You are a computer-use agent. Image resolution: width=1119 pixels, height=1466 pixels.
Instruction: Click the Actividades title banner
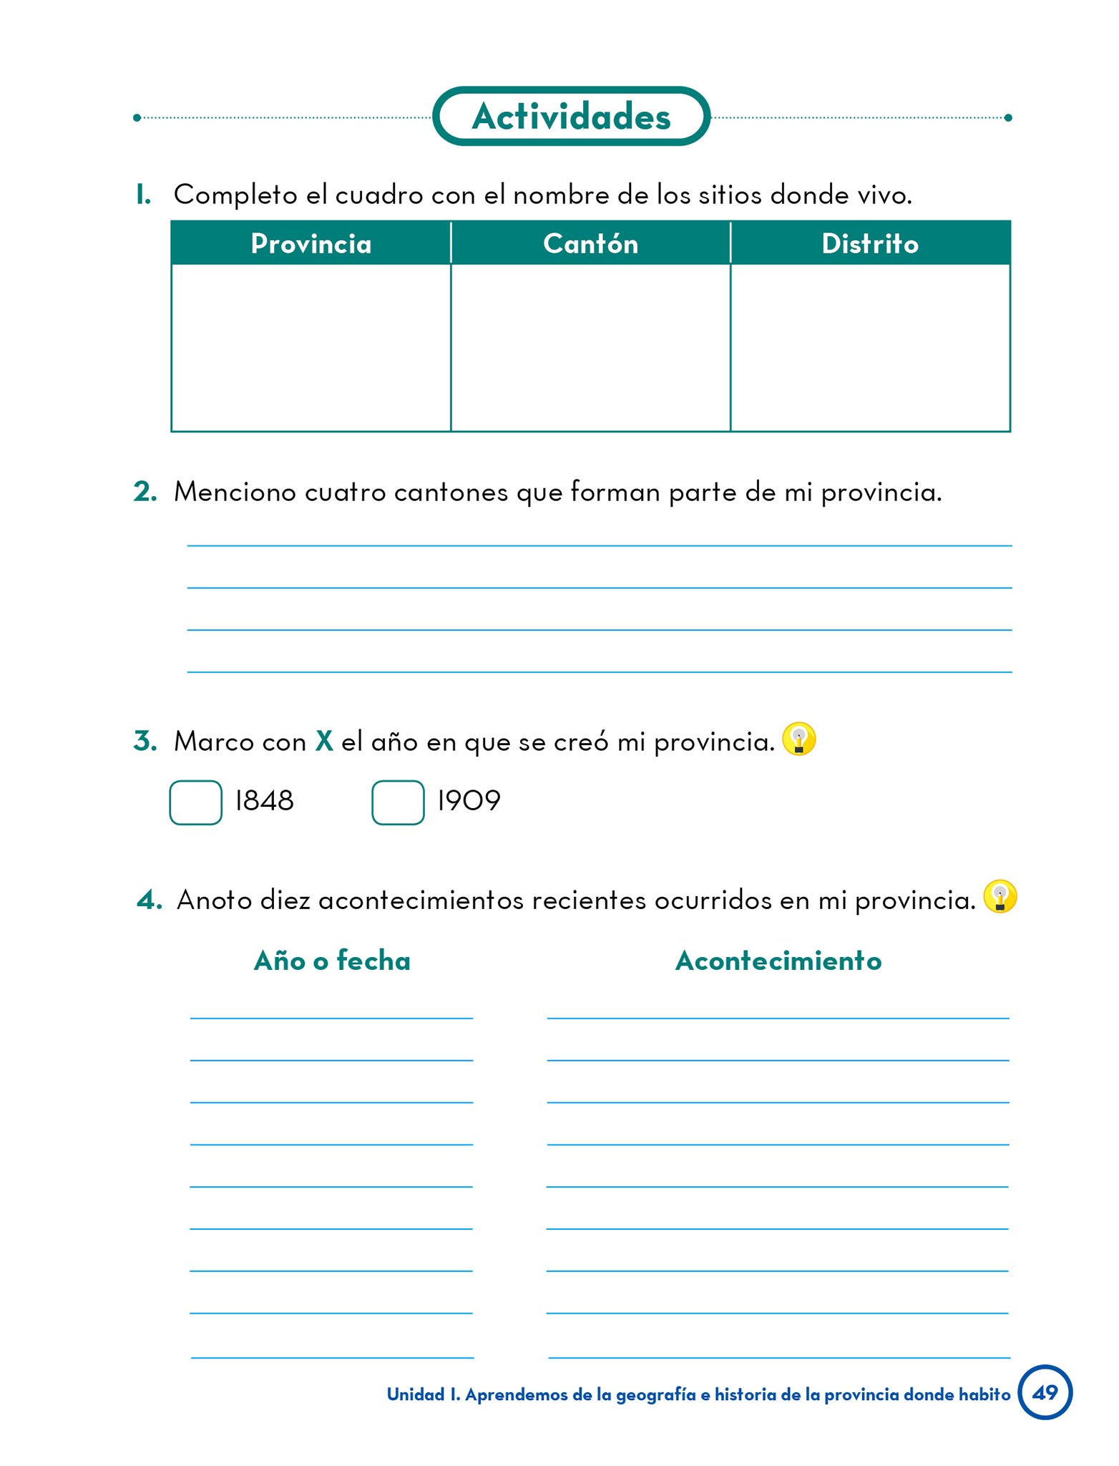(x=571, y=117)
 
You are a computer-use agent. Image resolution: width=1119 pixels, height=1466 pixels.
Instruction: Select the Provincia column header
(x=311, y=244)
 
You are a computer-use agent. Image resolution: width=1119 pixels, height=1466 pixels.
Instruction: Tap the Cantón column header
(x=590, y=244)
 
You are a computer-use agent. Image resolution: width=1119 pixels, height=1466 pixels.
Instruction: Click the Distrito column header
(x=870, y=244)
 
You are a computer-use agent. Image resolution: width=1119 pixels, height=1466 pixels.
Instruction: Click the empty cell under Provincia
(x=311, y=347)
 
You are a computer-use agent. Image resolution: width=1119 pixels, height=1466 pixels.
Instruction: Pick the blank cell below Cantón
(x=590, y=347)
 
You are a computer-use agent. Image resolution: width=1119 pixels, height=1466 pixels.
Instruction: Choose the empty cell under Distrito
(x=870, y=347)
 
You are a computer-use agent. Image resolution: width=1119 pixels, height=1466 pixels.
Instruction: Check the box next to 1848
(x=196, y=802)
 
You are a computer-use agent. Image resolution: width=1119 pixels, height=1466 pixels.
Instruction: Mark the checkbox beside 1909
(x=398, y=802)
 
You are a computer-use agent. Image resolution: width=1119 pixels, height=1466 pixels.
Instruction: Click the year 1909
(x=469, y=801)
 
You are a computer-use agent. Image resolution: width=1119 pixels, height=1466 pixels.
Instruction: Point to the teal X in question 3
(x=324, y=741)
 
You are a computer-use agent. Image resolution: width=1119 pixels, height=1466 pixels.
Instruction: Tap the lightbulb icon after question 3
(x=798, y=739)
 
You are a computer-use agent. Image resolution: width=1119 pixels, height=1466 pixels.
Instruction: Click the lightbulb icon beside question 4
(x=1000, y=896)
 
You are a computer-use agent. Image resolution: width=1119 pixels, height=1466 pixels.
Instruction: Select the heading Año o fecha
(x=332, y=961)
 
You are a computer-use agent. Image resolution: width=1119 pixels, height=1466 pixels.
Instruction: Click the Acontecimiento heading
(x=778, y=961)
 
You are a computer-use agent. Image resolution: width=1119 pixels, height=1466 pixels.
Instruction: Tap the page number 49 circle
(x=1045, y=1392)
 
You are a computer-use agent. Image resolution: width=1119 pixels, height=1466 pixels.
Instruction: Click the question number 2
(x=145, y=492)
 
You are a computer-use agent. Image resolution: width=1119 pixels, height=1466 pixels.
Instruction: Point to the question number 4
(x=149, y=900)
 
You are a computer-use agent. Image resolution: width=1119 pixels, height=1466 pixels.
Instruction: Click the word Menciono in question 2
(x=235, y=492)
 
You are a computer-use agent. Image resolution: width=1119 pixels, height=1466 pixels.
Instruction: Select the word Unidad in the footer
(x=416, y=1394)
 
